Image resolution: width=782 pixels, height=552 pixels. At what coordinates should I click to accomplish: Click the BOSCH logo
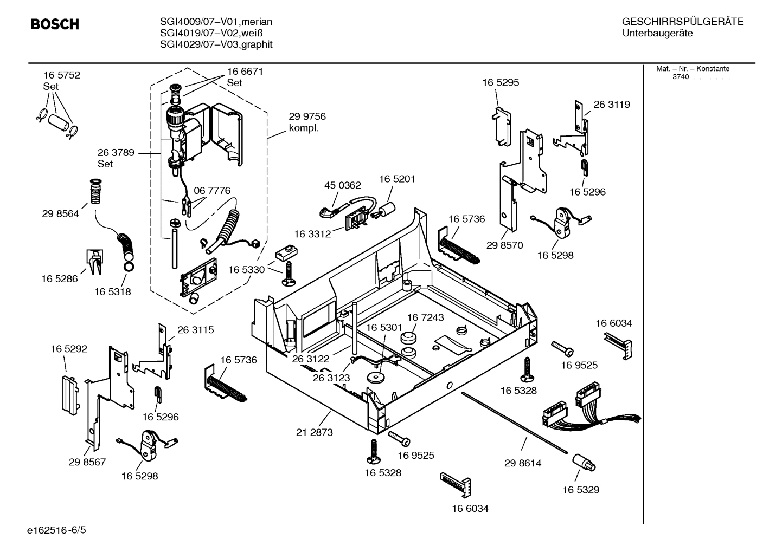click(55, 24)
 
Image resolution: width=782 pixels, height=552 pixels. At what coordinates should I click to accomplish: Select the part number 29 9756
click(307, 117)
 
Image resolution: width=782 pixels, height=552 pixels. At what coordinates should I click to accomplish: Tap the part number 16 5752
click(62, 75)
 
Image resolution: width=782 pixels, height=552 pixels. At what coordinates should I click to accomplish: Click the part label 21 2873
click(315, 432)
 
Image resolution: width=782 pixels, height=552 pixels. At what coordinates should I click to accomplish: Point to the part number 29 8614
click(523, 463)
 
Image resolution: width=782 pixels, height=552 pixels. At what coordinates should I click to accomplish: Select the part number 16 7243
click(425, 317)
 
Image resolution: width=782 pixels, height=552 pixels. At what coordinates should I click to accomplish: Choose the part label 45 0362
click(342, 185)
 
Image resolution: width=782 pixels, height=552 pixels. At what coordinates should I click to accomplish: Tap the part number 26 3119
click(612, 105)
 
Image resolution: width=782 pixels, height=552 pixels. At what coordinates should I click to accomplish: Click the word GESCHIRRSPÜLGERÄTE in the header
click(682, 22)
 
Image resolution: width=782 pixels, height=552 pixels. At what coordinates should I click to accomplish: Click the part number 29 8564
click(60, 213)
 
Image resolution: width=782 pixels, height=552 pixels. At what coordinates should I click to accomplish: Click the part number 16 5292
click(69, 349)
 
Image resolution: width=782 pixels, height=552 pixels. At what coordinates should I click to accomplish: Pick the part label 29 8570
click(504, 245)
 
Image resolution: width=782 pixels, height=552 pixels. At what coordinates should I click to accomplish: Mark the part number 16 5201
click(397, 179)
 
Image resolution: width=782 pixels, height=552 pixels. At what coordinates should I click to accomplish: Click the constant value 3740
click(680, 77)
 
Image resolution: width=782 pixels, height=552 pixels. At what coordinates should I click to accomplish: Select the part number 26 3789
click(116, 153)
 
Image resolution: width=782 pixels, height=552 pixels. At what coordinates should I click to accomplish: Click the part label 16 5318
click(112, 292)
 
